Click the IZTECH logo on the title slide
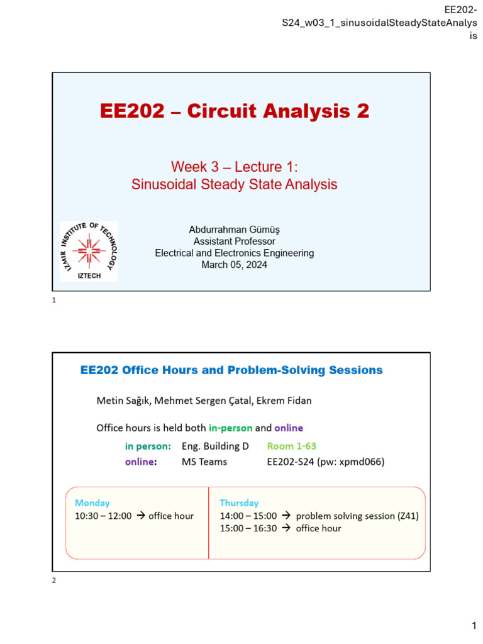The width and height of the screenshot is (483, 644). click(x=89, y=251)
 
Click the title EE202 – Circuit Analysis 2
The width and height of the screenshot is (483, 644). click(x=235, y=111)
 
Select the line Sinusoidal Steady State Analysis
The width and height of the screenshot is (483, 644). click(x=234, y=184)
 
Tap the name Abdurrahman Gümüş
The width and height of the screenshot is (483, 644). click(x=234, y=230)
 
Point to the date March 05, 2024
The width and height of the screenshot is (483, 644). click(x=234, y=265)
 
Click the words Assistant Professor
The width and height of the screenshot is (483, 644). click(x=234, y=241)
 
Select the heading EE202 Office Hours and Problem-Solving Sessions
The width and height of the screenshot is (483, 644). click(x=231, y=370)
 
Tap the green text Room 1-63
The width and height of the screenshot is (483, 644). click(x=292, y=447)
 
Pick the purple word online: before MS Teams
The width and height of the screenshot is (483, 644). click(x=141, y=462)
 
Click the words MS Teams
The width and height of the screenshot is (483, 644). click(x=204, y=462)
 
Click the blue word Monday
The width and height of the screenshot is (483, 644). click(x=92, y=502)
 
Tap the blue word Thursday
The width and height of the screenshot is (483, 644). click(x=239, y=502)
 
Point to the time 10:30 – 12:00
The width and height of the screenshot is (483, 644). click(x=103, y=516)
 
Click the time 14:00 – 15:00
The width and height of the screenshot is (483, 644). click(x=248, y=516)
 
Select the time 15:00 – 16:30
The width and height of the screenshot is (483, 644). click(x=248, y=528)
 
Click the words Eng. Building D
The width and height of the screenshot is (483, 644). click(x=215, y=447)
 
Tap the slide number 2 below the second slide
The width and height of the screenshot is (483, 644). click(x=54, y=580)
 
